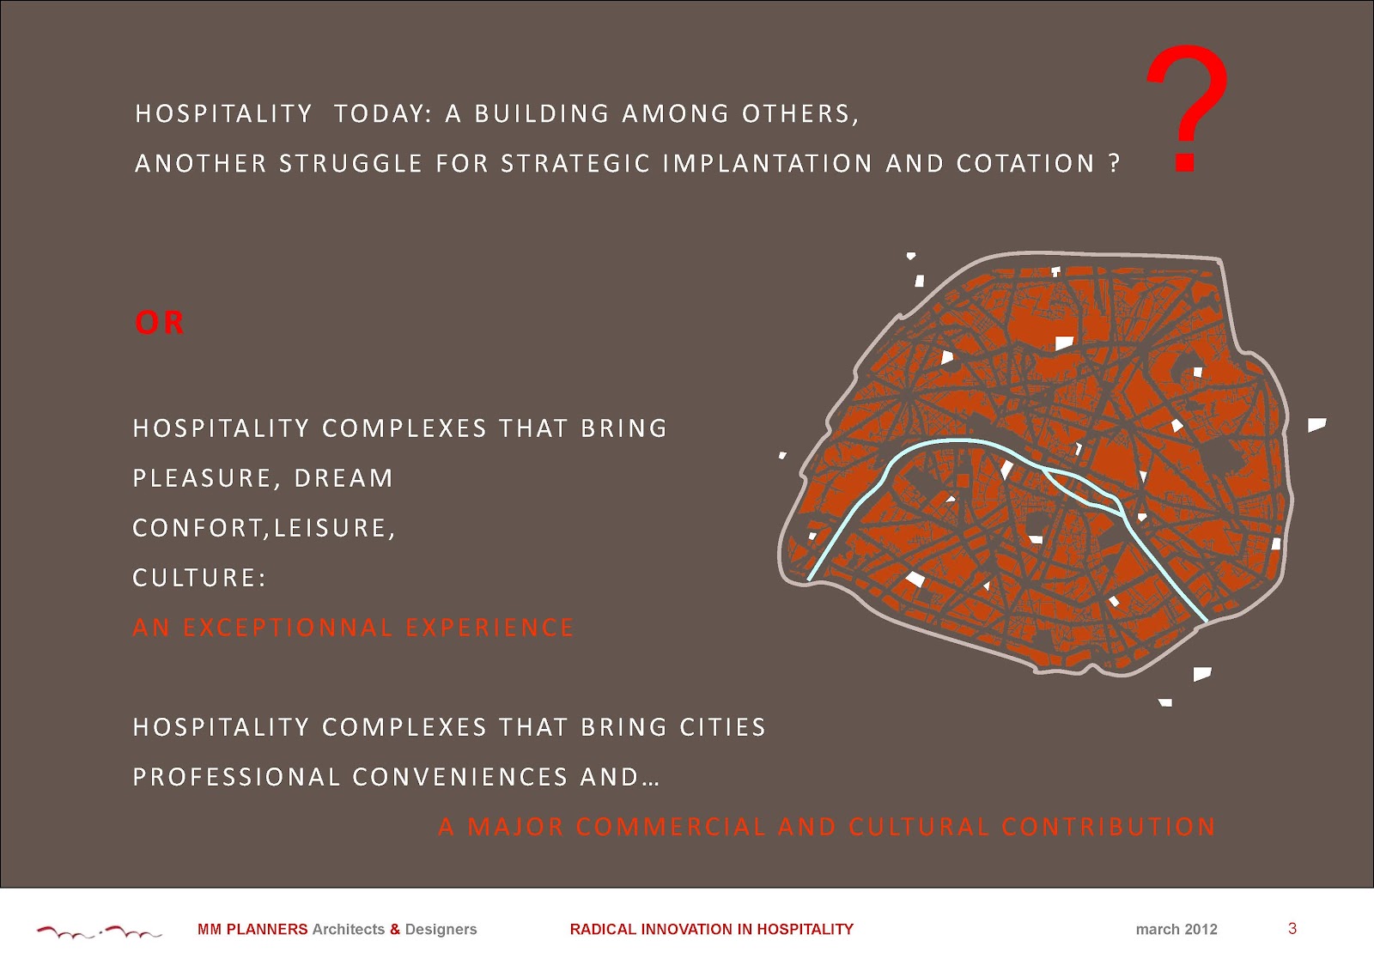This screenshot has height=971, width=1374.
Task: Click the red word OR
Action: tap(160, 323)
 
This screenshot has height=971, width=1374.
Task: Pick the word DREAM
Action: tap(343, 478)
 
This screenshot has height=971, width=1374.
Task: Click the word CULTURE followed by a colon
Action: tap(199, 578)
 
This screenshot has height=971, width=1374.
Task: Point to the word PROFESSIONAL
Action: tap(237, 777)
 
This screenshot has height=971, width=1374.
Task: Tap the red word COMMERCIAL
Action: tap(671, 827)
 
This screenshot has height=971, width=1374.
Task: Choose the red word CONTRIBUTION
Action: tap(1109, 827)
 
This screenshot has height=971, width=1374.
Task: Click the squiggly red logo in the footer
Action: tap(99, 932)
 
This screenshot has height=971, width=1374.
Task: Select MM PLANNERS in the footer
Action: tap(252, 929)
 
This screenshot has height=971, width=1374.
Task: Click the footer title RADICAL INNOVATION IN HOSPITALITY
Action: tap(712, 929)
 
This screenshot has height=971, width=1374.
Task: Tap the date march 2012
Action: tap(1176, 929)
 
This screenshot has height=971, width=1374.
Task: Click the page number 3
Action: tap(1292, 929)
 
